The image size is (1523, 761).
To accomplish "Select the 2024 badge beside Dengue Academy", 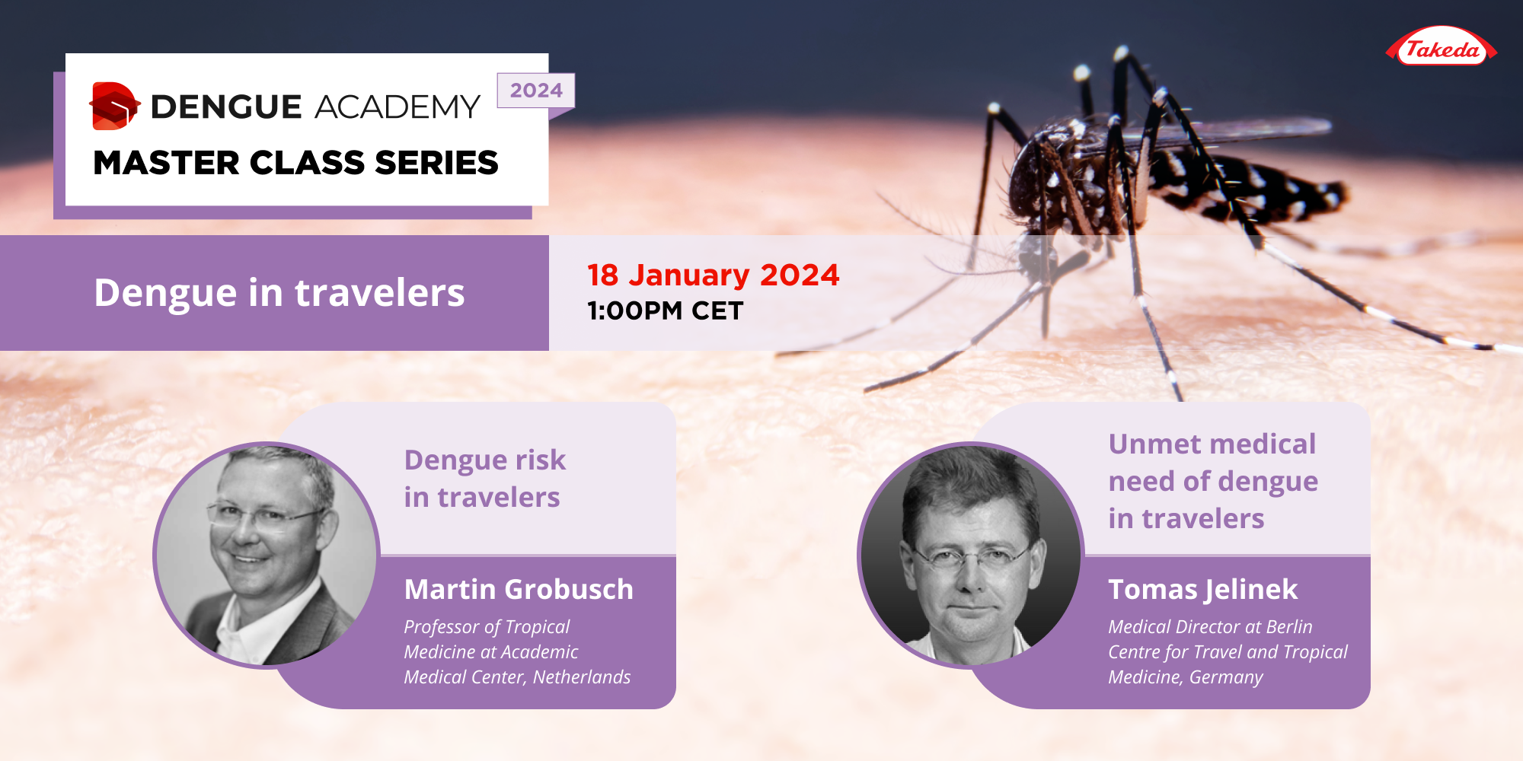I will tap(536, 91).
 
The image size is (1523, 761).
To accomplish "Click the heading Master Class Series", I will tap(295, 163).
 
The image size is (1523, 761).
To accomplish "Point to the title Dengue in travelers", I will tap(279, 293).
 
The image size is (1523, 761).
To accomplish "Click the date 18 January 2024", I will tap(713, 275).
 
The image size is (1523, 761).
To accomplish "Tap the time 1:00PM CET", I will tap(665, 311).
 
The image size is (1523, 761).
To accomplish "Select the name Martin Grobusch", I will tap(519, 590).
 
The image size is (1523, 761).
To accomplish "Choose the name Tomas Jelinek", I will tap(1202, 590).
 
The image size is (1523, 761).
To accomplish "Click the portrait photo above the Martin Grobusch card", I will tap(267, 555).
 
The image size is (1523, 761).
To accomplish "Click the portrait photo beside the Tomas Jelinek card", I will tap(970, 555).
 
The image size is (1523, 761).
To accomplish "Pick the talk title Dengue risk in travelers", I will tap(484, 479).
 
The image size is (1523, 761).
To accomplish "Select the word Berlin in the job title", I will tap(1289, 627).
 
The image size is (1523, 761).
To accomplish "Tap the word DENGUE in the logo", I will tap(226, 107).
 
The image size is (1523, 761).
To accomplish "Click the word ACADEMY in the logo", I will tap(397, 107).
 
